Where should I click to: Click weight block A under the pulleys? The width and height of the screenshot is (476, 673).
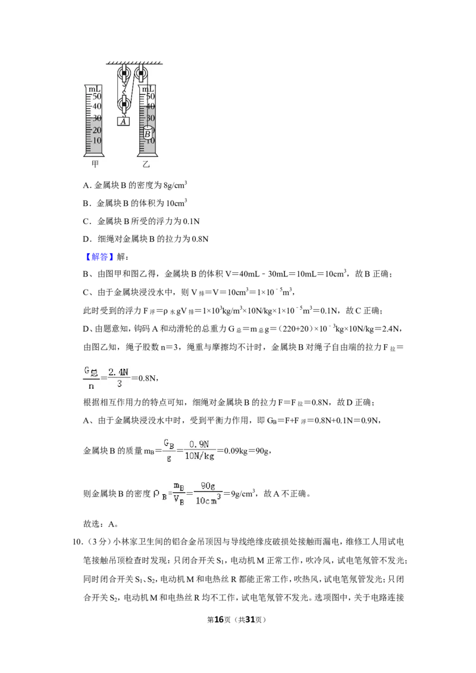click(123, 121)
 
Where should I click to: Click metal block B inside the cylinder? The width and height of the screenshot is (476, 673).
click(148, 133)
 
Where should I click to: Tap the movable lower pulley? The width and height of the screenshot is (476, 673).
click(124, 104)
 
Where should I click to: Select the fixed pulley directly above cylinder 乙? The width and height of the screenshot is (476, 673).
click(142, 74)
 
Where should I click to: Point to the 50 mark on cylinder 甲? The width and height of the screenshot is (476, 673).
click(96, 96)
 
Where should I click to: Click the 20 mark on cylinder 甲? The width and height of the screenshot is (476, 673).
click(96, 130)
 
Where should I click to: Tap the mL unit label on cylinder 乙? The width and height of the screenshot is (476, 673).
click(148, 89)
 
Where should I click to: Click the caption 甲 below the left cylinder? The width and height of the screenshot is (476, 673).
click(95, 164)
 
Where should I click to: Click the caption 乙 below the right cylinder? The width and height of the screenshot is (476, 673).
click(146, 164)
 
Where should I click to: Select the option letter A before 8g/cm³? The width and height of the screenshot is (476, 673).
click(86, 185)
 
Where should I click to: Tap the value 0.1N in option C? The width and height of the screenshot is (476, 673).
click(191, 222)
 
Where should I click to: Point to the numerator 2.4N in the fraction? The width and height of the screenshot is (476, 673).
click(118, 372)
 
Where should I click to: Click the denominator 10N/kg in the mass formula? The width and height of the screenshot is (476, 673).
click(199, 456)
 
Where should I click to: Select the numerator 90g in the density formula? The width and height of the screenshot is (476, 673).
click(208, 486)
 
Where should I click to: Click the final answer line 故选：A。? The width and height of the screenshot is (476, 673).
click(101, 524)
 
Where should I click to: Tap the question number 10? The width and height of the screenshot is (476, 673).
click(77, 542)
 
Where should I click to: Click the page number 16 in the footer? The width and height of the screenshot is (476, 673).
click(219, 619)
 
